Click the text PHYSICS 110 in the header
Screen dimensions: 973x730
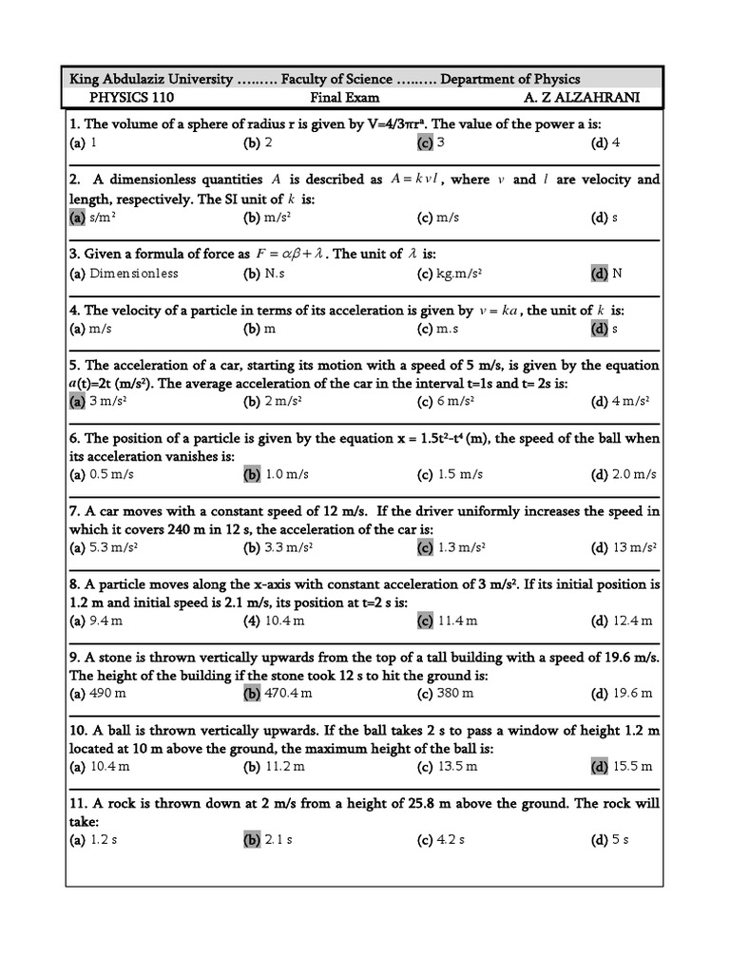click(132, 97)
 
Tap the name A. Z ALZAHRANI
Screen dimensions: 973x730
click(583, 97)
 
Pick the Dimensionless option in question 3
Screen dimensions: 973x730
click(134, 273)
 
